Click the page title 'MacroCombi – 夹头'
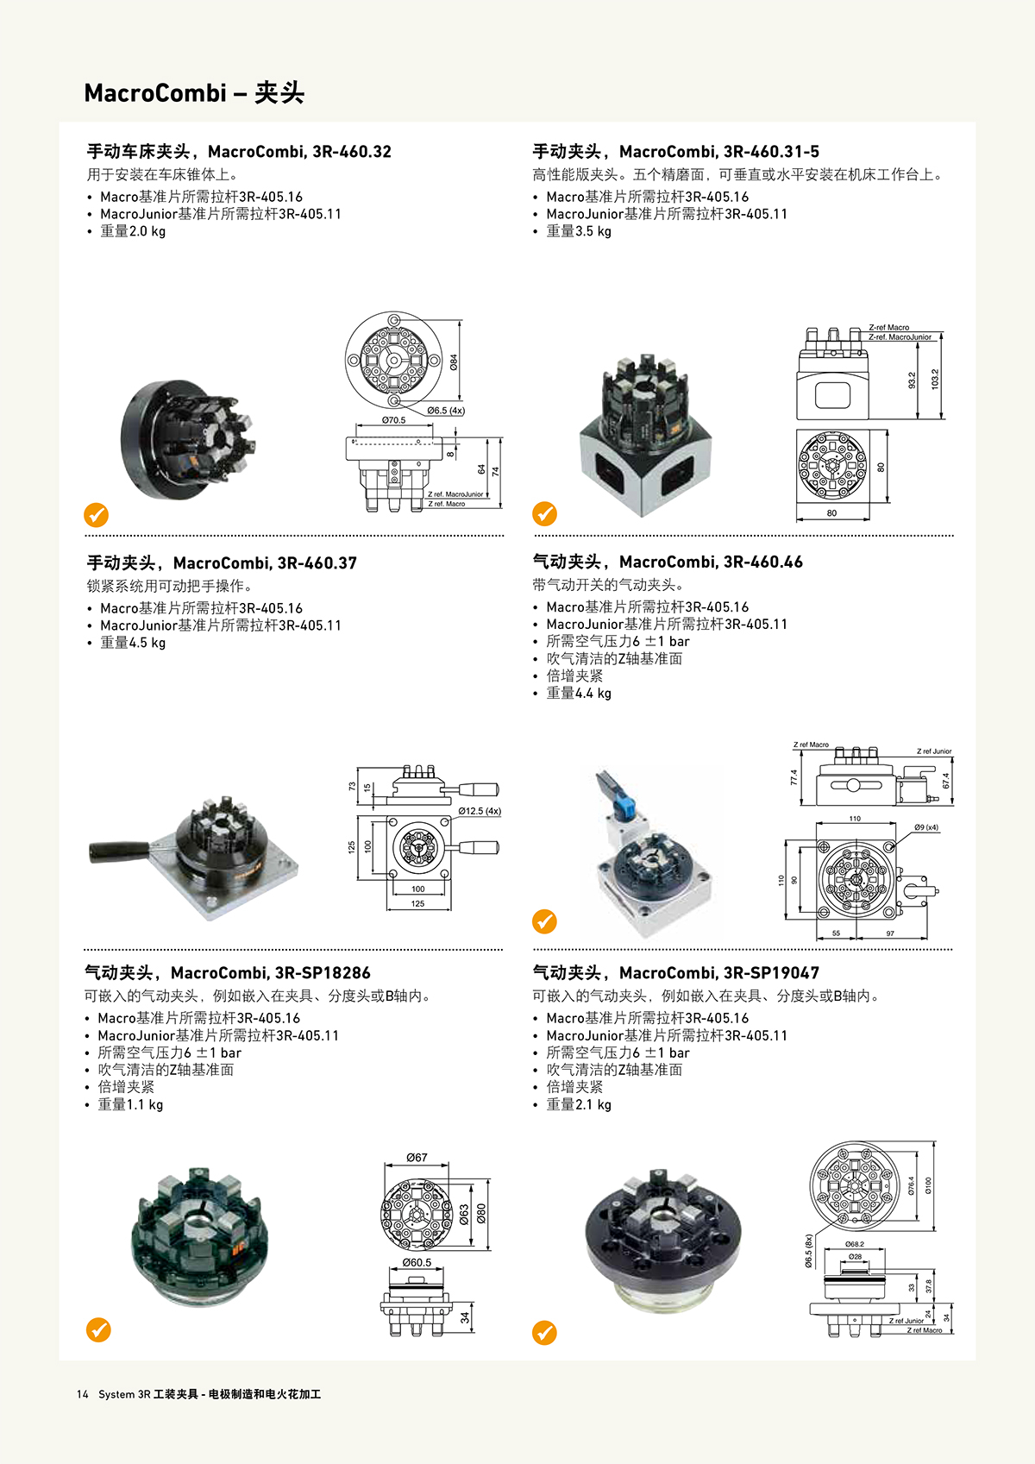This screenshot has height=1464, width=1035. (194, 93)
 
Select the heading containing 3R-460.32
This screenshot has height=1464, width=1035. (239, 152)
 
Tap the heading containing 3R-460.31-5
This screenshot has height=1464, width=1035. (675, 152)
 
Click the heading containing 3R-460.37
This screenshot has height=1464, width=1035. (222, 562)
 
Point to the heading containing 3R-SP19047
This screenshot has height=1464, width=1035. (675, 973)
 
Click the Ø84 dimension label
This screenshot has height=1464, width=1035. (454, 361)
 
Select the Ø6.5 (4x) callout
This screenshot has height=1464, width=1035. (446, 411)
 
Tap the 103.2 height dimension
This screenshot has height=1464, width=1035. (935, 380)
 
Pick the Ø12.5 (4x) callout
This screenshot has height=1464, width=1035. (480, 811)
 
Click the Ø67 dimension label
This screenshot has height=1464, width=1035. (417, 1158)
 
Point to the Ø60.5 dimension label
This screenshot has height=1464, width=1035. (417, 1263)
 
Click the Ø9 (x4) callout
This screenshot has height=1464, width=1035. (926, 827)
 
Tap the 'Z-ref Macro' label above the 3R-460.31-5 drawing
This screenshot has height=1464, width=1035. (888, 328)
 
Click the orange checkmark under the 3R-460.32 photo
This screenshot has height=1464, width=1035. (96, 515)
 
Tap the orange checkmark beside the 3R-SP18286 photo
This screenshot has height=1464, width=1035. (98, 1329)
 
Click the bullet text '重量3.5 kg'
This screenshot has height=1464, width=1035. (579, 231)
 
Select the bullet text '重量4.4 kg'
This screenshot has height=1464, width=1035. (579, 694)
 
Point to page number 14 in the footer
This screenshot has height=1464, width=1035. (82, 1394)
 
